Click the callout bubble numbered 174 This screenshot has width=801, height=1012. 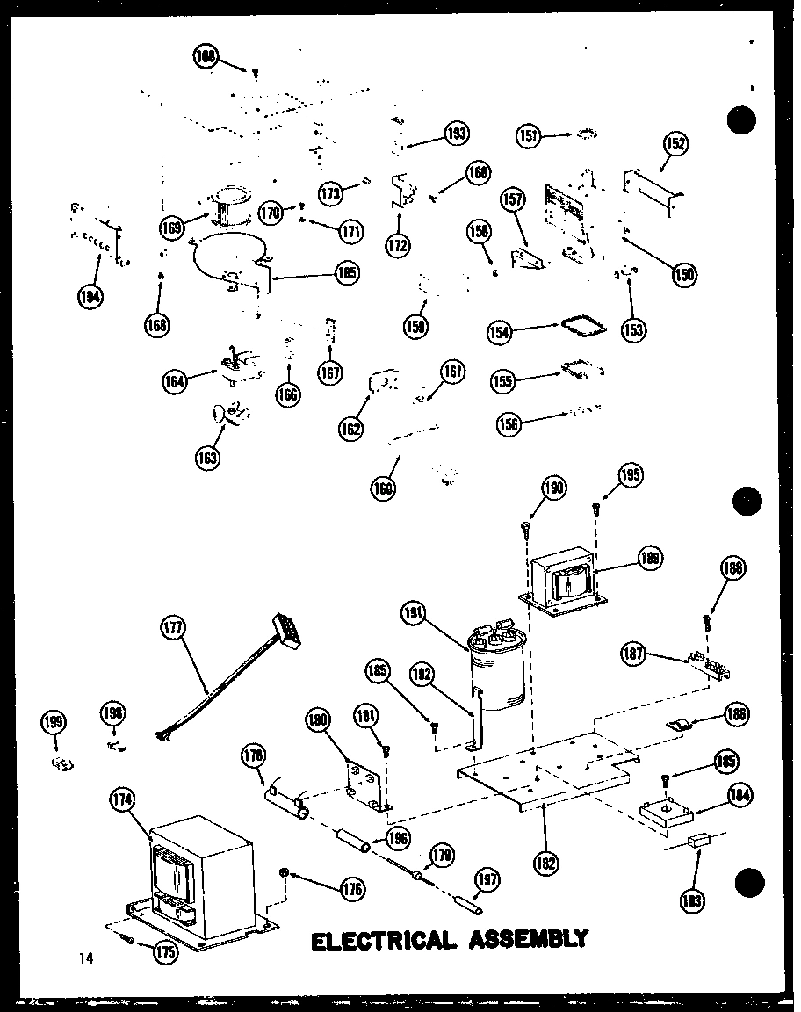pos(120,800)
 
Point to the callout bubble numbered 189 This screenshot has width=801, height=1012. pos(651,559)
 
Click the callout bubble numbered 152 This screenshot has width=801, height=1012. pos(676,143)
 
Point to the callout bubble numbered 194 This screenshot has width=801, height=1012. pos(88,295)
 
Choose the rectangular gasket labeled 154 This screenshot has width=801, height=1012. pos(582,328)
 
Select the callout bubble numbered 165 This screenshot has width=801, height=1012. pos(346,273)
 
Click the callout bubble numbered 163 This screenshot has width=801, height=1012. pos(209,457)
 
